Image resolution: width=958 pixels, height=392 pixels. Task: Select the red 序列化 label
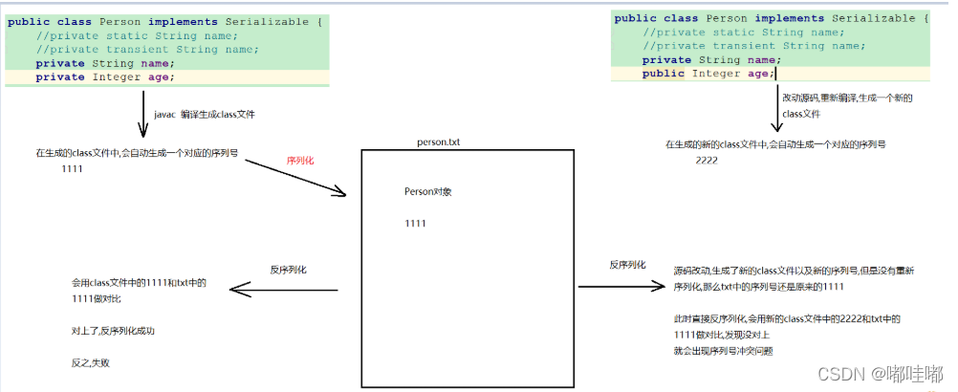[x=300, y=161]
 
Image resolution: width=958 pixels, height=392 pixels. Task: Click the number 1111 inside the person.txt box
[x=415, y=224]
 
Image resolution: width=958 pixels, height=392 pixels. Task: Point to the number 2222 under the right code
[x=708, y=162]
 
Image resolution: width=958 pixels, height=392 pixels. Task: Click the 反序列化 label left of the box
[x=288, y=271]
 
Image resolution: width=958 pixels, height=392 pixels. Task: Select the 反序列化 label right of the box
[x=627, y=264]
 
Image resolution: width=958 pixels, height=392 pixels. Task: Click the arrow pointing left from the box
[x=287, y=290]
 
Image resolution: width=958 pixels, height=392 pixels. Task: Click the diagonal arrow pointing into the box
[x=296, y=178]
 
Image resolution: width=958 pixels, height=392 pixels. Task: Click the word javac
[x=165, y=114]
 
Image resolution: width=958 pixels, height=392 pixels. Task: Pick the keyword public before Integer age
[x=664, y=74]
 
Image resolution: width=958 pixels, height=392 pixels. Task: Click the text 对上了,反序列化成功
[x=112, y=331]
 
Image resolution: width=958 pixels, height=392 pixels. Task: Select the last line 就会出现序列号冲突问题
[x=723, y=351]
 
